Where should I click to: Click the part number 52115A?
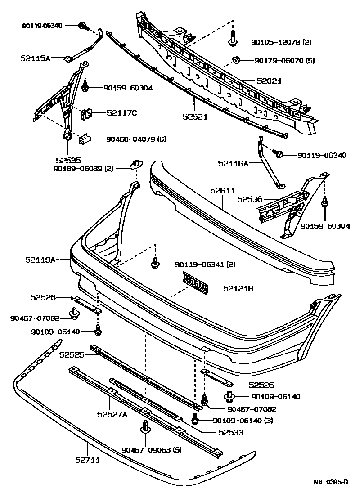coord(35,58)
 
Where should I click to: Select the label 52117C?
coord(121,113)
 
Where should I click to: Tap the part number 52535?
coord(68,160)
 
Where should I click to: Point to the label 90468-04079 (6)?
coord(136,139)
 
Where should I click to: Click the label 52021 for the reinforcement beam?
coord(269,81)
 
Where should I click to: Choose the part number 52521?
coord(194,116)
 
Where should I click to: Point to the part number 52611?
coord(223,191)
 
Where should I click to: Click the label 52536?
coord(250,198)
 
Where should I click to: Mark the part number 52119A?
coord(40,260)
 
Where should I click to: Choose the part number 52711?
coord(87,460)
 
